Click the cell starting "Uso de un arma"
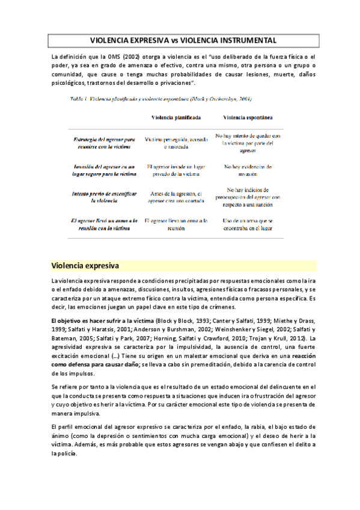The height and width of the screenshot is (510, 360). point(247,225)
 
